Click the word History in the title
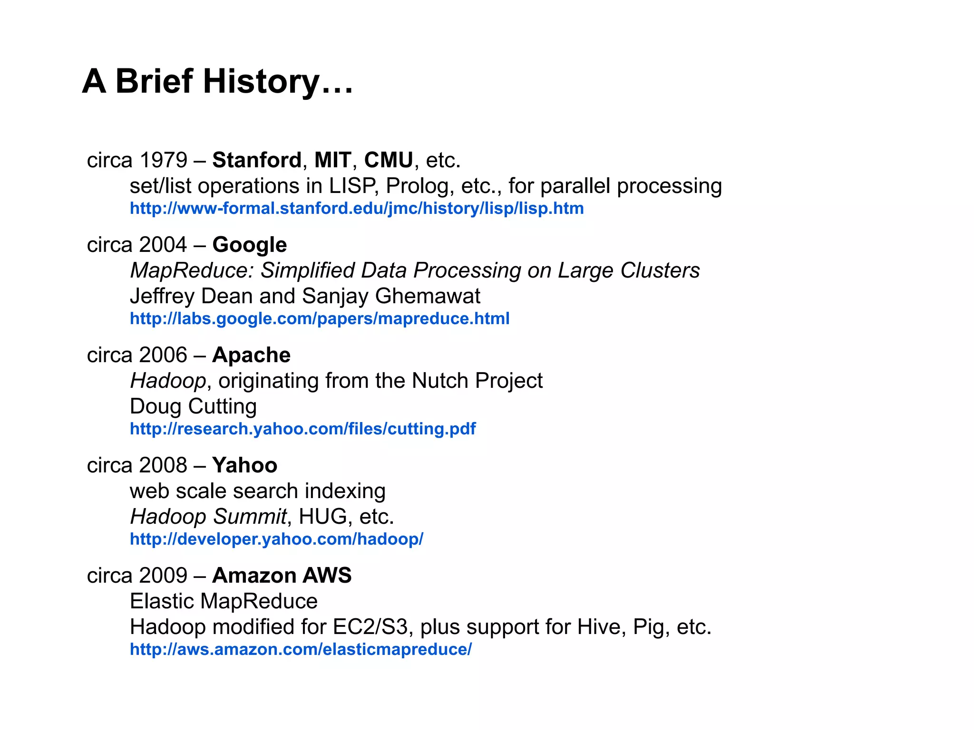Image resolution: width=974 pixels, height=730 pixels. [x=261, y=81]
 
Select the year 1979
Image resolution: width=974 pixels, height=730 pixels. [x=163, y=160]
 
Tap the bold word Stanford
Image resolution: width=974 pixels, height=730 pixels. [x=257, y=160]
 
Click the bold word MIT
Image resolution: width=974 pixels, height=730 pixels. [x=333, y=160]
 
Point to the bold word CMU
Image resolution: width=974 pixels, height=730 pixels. [x=389, y=160]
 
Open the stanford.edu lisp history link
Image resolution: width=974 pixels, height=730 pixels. [x=357, y=209]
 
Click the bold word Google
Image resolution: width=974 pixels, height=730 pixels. [x=250, y=245]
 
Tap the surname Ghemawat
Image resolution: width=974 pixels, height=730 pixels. [x=428, y=296]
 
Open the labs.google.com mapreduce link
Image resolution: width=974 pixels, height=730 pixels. [x=320, y=318]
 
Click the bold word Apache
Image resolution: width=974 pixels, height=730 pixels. [x=251, y=355]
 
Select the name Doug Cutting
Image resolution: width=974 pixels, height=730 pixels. [x=193, y=406]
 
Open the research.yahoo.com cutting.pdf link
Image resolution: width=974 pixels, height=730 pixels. [x=302, y=429]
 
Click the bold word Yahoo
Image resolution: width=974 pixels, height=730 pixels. [x=244, y=465]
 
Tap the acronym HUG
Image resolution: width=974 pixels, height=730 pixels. [x=323, y=517]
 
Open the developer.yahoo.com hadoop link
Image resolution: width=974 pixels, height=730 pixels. [x=276, y=539]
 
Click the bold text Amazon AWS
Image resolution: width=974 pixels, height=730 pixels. [x=282, y=576]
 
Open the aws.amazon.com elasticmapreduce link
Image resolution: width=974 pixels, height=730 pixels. [x=301, y=649]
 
